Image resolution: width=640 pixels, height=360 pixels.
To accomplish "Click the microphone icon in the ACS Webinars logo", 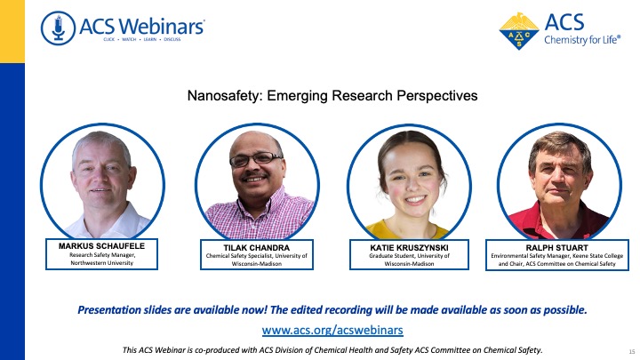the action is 58,28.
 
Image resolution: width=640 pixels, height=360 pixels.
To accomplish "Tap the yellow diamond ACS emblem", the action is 519,31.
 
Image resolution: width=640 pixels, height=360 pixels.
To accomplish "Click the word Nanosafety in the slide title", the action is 224,96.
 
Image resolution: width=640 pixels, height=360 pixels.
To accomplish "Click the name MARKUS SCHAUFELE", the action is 101,246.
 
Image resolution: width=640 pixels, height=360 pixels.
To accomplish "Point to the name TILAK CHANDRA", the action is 257,248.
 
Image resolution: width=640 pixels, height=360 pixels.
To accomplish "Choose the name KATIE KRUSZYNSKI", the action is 409,248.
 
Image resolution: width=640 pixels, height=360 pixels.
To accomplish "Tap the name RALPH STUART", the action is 557,248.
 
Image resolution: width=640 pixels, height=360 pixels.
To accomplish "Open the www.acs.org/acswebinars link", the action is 332,330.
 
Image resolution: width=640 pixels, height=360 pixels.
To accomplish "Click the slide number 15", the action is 632,351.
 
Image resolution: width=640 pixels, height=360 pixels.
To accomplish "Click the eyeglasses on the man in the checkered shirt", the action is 255,159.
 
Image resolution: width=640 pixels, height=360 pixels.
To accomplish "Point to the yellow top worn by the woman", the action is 407,230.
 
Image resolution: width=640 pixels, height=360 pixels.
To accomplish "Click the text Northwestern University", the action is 102,263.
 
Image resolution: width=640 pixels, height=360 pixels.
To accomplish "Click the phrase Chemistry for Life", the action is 582,40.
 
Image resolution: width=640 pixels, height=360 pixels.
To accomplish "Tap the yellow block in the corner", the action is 12,31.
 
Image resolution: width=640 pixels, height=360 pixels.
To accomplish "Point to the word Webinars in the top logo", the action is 163,27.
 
